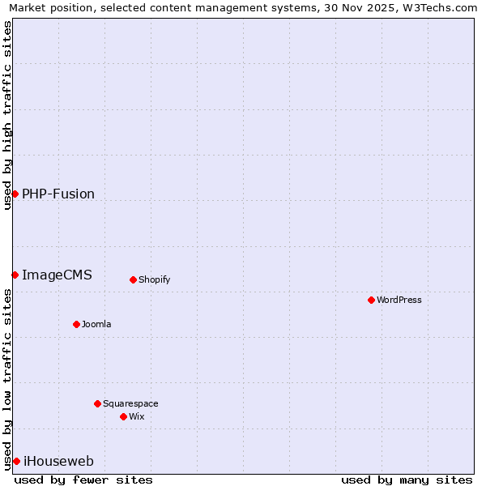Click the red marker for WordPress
click(371, 300)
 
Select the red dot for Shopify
click(133, 279)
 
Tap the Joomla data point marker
click(76, 324)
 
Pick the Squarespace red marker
click(97, 403)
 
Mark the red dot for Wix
click(123, 416)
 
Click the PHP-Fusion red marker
click(15, 194)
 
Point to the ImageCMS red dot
click(15, 275)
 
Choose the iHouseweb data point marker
click(16, 461)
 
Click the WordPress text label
click(399, 300)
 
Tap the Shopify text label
click(154, 279)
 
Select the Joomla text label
click(96, 324)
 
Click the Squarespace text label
click(130, 403)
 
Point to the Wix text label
click(136, 416)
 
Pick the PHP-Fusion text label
click(58, 194)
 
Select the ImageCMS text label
click(57, 275)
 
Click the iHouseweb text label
click(58, 461)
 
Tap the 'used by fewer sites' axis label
click(83, 480)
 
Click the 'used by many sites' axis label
click(407, 480)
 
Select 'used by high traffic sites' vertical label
click(7, 115)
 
